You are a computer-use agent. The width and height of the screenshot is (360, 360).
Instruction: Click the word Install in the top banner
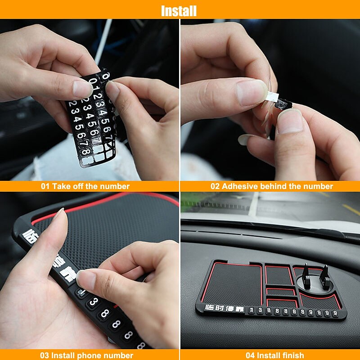tap(179, 10)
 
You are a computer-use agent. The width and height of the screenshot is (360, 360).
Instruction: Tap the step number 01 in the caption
tap(45, 186)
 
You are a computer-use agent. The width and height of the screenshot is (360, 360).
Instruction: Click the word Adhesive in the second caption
tap(237, 186)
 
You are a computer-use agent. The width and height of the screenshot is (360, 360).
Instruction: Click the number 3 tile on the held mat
tap(92, 302)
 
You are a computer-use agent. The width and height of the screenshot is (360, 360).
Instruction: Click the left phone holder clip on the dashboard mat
tap(306, 275)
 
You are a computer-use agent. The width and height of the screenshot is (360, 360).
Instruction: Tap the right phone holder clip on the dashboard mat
tap(324, 275)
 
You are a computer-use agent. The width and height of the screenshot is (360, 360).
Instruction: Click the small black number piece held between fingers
tap(283, 105)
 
